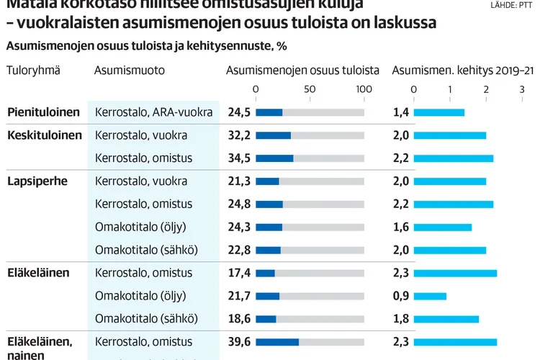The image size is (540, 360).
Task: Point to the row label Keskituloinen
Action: pyautogui.click(x=45, y=135)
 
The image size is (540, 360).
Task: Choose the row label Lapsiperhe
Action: pyautogui.click(x=37, y=181)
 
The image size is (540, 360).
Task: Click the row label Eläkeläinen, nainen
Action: pyautogui.click(x=40, y=348)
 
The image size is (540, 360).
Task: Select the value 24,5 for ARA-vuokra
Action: pyautogui.click(x=239, y=112)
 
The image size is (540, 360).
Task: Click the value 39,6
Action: pyautogui.click(x=239, y=341)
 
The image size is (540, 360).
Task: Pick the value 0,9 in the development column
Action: pyautogui.click(x=401, y=296)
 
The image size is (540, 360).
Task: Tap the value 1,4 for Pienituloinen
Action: pyautogui.click(x=401, y=112)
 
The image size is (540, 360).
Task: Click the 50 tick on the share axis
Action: pyautogui.click(x=310, y=89)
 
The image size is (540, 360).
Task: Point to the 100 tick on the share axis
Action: pyautogui.click(x=364, y=89)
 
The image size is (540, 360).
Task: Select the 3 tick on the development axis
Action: pyautogui.click(x=522, y=89)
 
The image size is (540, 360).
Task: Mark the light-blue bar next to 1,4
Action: pyautogui.click(x=438, y=112)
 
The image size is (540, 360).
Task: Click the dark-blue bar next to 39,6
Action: pyautogui.click(x=277, y=341)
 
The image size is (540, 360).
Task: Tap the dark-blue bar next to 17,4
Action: pyautogui.click(x=265, y=273)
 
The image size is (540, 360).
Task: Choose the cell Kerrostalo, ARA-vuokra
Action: pyautogui.click(x=153, y=112)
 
